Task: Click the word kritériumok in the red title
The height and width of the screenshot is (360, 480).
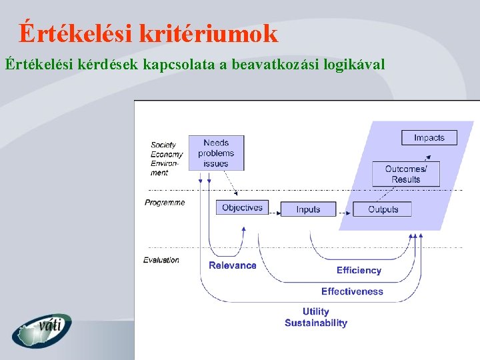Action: [208, 33]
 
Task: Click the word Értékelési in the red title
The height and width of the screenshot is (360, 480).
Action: [76, 33]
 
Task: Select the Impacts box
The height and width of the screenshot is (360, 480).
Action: [429, 138]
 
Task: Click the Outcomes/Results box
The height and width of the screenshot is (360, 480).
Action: [405, 174]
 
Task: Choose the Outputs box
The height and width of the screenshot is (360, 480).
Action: [383, 209]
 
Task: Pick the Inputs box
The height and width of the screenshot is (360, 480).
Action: [308, 209]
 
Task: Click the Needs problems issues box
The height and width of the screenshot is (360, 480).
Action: [216, 153]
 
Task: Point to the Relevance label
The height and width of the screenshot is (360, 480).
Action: [233, 265]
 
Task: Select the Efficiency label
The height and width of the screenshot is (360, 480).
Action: [359, 270]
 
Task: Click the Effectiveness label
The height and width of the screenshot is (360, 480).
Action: [352, 291]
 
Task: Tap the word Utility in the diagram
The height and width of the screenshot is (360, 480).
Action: [315, 311]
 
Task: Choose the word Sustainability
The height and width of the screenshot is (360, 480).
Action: [316, 323]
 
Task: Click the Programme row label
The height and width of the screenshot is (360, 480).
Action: [165, 203]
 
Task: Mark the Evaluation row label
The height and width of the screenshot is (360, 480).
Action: [161, 260]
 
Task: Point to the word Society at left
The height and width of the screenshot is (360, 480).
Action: [163, 145]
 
